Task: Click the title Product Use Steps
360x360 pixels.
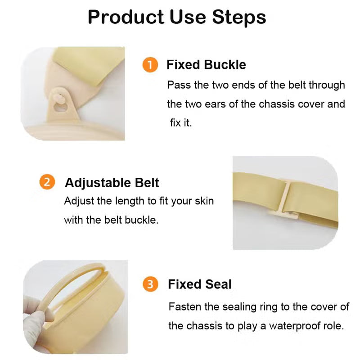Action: point(177,17)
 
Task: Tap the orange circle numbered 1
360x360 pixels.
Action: point(150,65)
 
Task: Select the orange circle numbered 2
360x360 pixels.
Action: point(47,182)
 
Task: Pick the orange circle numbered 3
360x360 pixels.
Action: point(150,284)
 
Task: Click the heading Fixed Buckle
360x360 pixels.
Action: point(206,65)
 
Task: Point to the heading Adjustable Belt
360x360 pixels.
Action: point(112,183)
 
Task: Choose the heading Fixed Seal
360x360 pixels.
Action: point(199,284)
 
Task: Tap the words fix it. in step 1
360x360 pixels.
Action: point(181,123)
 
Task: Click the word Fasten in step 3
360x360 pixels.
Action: point(183,307)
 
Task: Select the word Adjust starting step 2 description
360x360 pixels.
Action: point(76,201)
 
